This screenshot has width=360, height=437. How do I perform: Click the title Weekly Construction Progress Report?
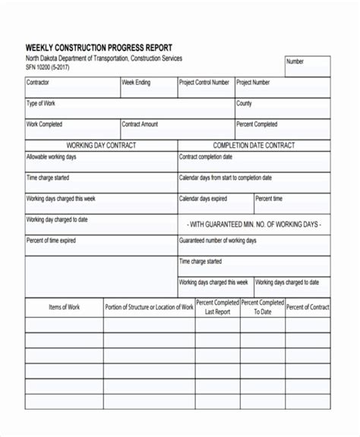coord(99,47)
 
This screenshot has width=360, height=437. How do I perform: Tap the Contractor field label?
coord(39,82)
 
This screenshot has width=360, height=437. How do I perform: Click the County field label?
coord(245,103)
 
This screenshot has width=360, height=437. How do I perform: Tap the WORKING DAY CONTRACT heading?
coord(102,145)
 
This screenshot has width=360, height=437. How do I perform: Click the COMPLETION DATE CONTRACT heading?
coord(254,145)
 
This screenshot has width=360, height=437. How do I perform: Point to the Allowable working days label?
coord(52,157)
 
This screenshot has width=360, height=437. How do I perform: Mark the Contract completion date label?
coord(206,157)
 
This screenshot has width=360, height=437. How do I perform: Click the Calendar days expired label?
coord(203,199)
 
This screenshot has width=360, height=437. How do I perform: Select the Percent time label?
coord(269,199)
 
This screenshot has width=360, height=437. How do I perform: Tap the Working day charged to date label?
coord(57,220)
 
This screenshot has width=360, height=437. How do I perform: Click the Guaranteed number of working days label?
coord(218,241)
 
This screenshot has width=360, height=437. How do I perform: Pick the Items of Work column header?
coord(65,307)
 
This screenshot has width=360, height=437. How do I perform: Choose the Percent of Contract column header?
coord(308,307)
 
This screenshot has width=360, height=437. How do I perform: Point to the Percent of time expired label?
coord(51,241)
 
